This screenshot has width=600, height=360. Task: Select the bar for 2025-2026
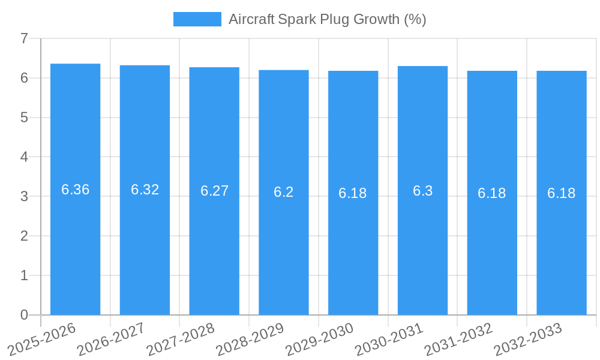click(75, 252)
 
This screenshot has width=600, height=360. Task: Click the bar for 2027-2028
click(214, 252)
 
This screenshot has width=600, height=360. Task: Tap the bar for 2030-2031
click(422, 252)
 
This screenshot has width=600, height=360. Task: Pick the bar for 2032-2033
click(562, 252)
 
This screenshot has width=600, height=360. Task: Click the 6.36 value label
click(75, 190)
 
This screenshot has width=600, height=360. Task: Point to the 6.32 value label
click(145, 190)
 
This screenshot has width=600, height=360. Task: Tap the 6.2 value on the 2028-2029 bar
click(284, 192)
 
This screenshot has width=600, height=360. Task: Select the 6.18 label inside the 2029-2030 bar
click(353, 193)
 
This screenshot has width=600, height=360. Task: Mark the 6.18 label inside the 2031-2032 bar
click(492, 193)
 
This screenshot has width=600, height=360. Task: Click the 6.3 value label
click(422, 191)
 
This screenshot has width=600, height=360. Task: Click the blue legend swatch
click(197, 19)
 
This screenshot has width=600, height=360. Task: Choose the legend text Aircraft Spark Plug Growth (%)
click(327, 19)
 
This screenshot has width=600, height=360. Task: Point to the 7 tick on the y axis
click(24, 39)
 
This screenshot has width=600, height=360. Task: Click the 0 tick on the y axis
click(24, 315)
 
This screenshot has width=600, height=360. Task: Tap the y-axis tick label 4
click(24, 157)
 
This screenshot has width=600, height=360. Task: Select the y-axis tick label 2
click(24, 236)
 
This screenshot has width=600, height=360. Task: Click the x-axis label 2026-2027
click(111, 339)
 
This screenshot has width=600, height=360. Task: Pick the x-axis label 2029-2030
click(319, 339)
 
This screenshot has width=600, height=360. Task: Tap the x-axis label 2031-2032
click(458, 339)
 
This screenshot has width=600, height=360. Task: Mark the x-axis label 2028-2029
click(250, 339)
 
